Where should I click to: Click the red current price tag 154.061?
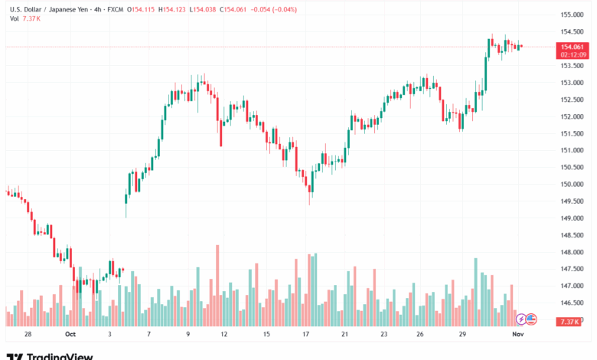(x=573, y=47)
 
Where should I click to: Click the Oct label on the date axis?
(x=70, y=335)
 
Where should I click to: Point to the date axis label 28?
(x=28, y=335)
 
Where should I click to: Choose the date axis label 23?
(x=383, y=335)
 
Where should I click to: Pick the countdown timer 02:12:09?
(x=573, y=54)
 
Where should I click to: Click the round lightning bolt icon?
(x=521, y=319)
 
